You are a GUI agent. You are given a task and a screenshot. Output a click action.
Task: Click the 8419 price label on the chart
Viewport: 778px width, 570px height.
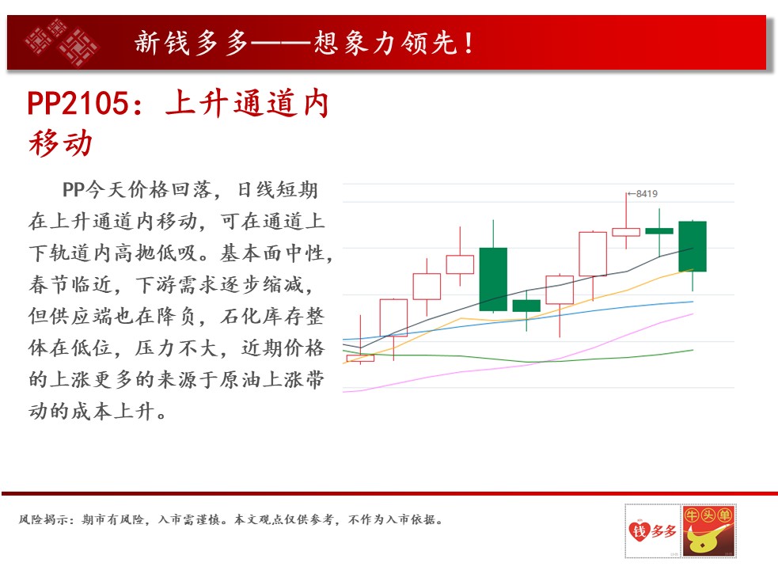click(647, 194)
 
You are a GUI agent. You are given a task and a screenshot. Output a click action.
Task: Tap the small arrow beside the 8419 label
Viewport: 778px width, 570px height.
click(632, 194)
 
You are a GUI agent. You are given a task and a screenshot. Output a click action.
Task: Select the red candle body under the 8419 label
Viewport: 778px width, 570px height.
click(626, 232)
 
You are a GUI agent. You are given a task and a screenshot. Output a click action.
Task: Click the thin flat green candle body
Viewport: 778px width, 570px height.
click(659, 231)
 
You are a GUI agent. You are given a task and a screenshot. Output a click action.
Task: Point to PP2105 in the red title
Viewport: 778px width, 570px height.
click(78, 103)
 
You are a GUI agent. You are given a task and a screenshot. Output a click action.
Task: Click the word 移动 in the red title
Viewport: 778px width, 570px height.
click(60, 143)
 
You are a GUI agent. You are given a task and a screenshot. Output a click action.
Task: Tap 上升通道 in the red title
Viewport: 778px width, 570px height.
click(232, 103)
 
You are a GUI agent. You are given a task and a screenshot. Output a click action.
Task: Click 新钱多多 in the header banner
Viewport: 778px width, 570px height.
click(192, 43)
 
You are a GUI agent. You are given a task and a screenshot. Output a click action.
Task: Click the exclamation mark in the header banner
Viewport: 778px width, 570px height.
click(469, 43)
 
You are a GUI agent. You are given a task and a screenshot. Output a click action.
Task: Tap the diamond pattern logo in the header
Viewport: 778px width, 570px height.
click(62, 42)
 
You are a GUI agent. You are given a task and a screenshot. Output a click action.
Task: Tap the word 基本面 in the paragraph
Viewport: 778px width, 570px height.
click(251, 253)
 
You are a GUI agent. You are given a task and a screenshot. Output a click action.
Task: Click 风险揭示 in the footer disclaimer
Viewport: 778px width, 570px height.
click(44, 519)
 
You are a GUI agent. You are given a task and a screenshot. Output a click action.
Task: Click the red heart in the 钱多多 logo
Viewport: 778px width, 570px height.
click(639, 530)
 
